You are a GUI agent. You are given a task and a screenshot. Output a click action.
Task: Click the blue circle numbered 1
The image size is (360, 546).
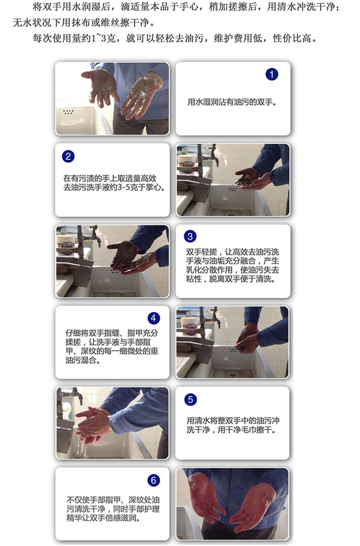pyautogui.click(x=272, y=74)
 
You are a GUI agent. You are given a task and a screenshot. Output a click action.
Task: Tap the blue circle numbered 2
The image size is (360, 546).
pyautogui.click(x=68, y=156)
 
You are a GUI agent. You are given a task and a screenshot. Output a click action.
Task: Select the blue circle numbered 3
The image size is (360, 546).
pyautogui.click(x=190, y=236)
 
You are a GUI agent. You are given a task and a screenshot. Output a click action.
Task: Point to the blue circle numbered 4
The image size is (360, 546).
pyautogui.click(x=153, y=318)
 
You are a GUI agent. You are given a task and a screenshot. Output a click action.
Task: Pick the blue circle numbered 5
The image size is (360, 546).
pyautogui.click(x=190, y=399)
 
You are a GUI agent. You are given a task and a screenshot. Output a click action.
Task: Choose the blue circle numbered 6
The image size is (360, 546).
pyautogui.click(x=153, y=480)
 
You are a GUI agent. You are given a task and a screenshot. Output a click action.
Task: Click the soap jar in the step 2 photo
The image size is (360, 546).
pyautogui.click(x=186, y=163)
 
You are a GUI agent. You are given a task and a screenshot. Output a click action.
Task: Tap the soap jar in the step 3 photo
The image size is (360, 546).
pyautogui.click(x=66, y=245)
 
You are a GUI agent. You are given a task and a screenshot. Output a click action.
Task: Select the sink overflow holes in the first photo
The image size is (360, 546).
pyautogui.click(x=68, y=112)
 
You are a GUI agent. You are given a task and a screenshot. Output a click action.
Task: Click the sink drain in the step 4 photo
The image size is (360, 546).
pyautogui.click(x=233, y=375)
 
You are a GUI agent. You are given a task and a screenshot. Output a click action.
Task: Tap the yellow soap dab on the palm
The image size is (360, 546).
pyautogui.click(x=248, y=177)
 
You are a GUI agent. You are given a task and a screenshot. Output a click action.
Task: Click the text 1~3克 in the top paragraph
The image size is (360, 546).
pyautogui.click(x=104, y=38)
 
